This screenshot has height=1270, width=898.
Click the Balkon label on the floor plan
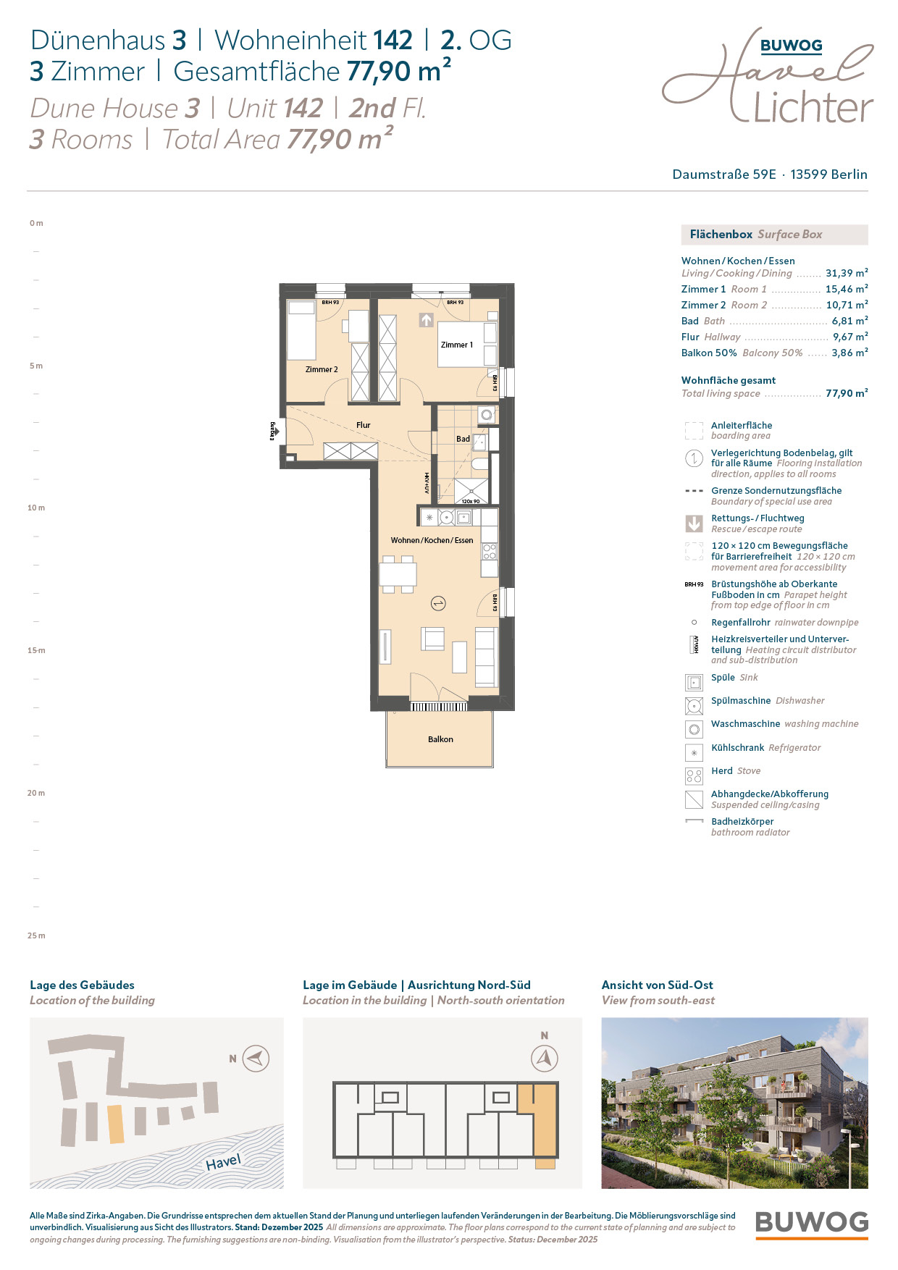pos(440,739)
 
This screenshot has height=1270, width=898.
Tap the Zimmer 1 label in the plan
pos(457,345)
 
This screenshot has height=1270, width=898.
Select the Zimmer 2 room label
pos(322,369)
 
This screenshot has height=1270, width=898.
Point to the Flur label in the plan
pos(364,425)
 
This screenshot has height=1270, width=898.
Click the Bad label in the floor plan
pos(463,439)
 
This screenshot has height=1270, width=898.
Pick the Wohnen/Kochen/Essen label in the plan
pos(432,540)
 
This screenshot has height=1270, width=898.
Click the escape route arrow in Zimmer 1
pos(427,319)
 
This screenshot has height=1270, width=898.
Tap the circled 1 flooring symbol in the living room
pos(437,602)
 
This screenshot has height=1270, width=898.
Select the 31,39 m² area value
pos(847,273)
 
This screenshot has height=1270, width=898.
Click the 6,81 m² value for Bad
pos(849,321)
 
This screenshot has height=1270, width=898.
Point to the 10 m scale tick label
pos(36,508)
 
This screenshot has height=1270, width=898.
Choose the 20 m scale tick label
pos(36,793)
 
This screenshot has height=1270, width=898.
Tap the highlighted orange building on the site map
pos(116,1124)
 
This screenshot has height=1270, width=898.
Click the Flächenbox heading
pos(721,235)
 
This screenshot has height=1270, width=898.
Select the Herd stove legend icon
pos(694,776)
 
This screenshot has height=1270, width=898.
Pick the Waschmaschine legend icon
pos(694,729)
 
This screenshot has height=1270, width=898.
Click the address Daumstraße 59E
pos(724,174)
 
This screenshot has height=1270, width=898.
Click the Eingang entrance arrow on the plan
pos(276,432)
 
